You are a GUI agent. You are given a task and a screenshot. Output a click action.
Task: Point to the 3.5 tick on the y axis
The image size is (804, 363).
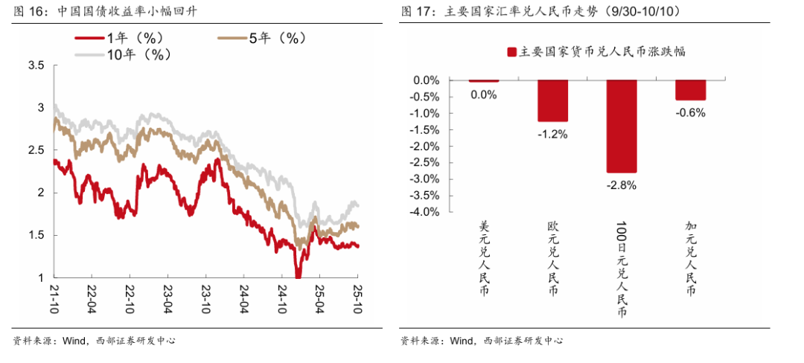(35, 66)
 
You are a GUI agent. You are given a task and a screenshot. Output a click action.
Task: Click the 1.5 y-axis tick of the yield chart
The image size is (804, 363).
(35, 235)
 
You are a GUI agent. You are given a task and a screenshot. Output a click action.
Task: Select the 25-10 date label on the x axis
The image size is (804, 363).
(357, 298)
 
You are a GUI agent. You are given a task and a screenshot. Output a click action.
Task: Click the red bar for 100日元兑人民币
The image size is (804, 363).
(622, 126)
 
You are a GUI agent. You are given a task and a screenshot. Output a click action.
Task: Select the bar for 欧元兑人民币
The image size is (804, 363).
(552, 100)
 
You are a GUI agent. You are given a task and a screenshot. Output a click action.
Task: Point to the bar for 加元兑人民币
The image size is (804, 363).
(690, 90)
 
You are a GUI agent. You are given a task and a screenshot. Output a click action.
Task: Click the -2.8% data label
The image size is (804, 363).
(622, 185)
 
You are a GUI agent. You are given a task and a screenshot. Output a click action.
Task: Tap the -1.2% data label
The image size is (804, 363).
(552, 134)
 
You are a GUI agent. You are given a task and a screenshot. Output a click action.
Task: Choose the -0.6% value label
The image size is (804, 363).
(690, 113)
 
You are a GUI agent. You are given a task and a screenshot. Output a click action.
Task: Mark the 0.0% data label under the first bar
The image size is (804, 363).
(483, 94)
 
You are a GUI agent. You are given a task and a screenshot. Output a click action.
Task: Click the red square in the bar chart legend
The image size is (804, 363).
(511, 52)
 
